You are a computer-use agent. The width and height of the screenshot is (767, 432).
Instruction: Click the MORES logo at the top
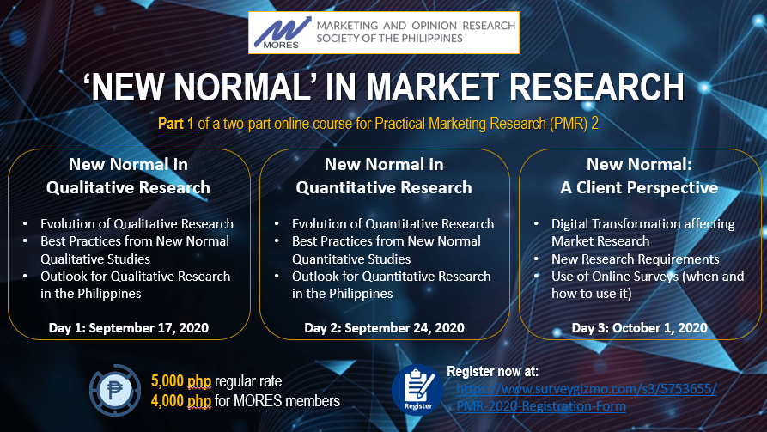tap(383, 33)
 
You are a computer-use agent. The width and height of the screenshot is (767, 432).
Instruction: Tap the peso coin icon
tap(115, 390)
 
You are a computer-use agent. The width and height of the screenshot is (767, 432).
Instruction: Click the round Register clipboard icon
tap(417, 390)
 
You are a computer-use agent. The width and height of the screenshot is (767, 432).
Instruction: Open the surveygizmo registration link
tap(587, 398)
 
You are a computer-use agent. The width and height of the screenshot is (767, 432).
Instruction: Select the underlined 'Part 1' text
tap(176, 124)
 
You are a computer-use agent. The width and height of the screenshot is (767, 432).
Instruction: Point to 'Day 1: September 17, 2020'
tap(129, 327)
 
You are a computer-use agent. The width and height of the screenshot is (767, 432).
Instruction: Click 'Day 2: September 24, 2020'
tap(384, 327)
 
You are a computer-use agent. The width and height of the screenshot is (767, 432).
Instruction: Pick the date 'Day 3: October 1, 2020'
tap(639, 327)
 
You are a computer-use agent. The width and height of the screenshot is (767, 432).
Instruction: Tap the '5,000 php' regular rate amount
tap(181, 381)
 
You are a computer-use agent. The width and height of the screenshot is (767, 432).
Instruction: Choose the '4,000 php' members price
tap(181, 401)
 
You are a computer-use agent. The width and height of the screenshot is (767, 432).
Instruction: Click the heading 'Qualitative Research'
tap(128, 187)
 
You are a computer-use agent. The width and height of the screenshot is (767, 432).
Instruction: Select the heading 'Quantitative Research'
tap(384, 187)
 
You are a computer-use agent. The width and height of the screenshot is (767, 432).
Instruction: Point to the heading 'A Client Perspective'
tap(639, 187)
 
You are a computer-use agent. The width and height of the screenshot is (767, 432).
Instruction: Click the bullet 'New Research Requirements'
tap(636, 259)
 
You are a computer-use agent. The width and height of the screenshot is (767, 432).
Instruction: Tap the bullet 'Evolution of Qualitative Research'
tap(137, 223)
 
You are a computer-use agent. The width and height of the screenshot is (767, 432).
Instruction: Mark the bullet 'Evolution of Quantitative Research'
tap(393, 223)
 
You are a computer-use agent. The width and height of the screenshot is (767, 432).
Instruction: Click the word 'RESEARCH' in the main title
tap(597, 88)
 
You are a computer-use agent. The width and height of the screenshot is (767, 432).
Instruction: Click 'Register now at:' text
tap(493, 371)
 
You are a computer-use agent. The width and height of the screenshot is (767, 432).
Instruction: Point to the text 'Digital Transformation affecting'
tap(643, 223)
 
